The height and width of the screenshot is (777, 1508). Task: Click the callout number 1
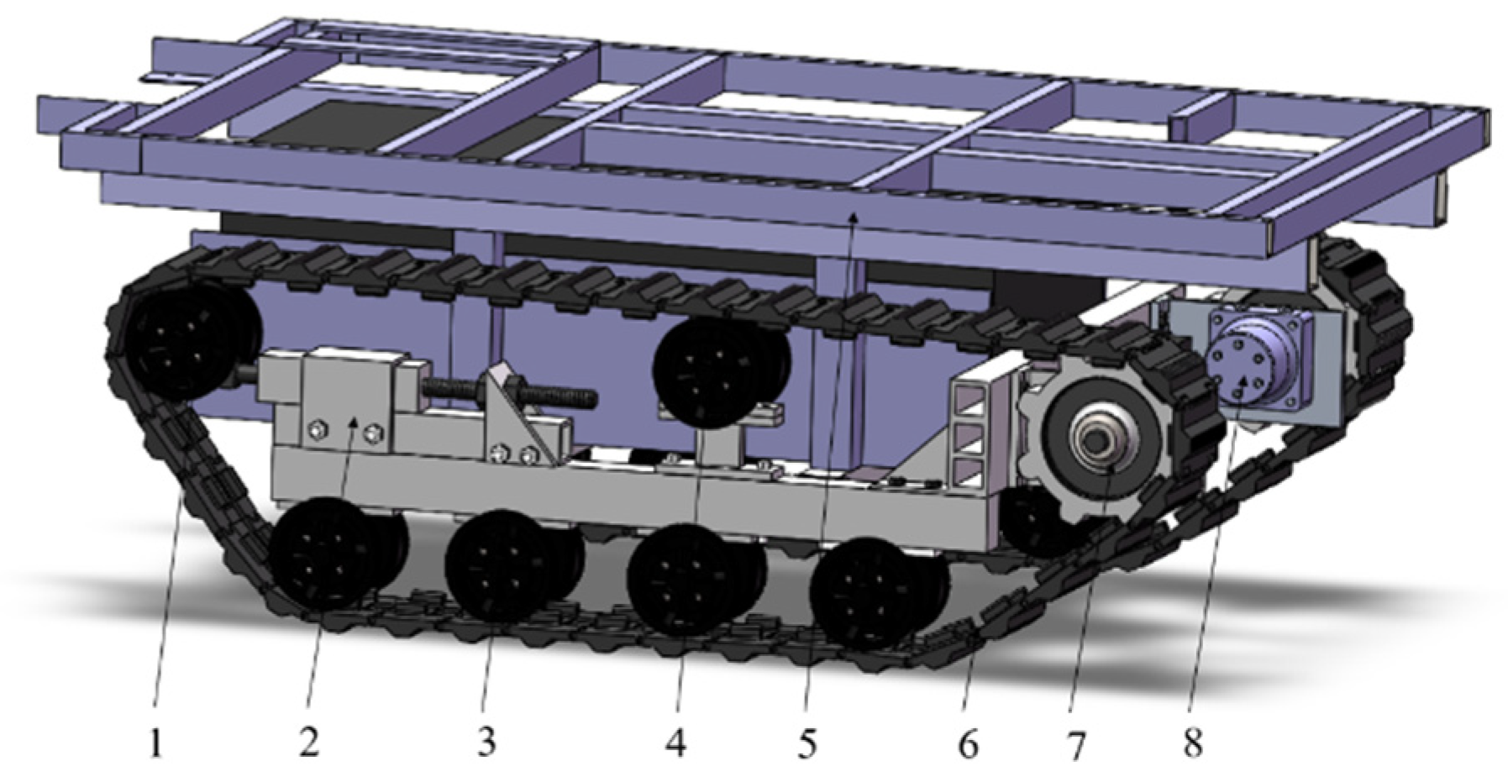coord(155,743)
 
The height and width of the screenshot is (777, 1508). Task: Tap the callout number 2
coord(308,743)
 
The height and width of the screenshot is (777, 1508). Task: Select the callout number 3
coord(486,743)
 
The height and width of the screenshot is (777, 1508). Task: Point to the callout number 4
coord(675,743)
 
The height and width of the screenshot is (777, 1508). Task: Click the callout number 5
coord(807,743)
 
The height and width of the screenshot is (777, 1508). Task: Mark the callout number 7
coord(1076,744)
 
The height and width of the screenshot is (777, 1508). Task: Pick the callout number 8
coord(1193,743)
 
